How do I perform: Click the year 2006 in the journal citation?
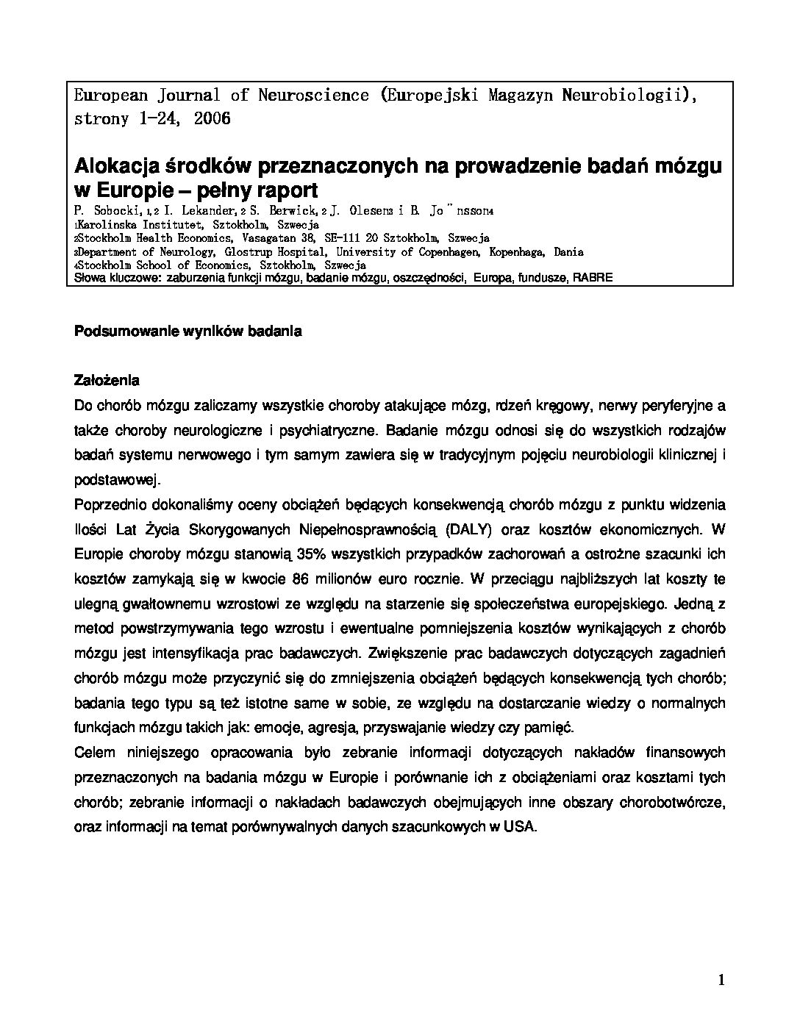(x=213, y=118)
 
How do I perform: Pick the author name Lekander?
(x=211, y=212)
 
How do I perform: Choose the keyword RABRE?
(x=592, y=278)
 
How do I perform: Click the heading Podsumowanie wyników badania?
(x=188, y=331)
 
